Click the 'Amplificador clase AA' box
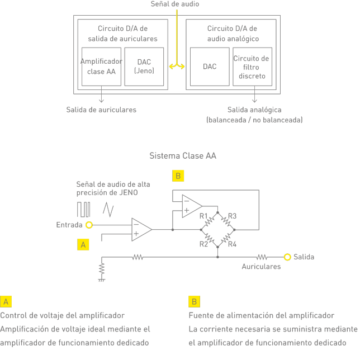[x=101, y=67]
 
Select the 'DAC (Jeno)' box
[x=144, y=67]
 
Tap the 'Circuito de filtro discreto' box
[x=252, y=67]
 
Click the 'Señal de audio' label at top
[x=175, y=4]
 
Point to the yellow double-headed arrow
[x=177, y=67]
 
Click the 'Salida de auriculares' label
[x=101, y=110]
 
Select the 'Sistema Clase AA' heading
[x=182, y=156]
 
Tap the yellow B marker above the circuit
[x=178, y=176]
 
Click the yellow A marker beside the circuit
[x=83, y=244]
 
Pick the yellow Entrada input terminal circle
[x=89, y=225]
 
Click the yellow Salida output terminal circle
[x=287, y=257]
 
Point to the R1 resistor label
[x=203, y=216]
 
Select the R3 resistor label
[x=233, y=216]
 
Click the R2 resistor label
[x=203, y=244]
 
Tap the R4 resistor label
[x=233, y=244]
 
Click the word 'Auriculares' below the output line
[x=261, y=267]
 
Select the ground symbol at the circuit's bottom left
[x=101, y=271]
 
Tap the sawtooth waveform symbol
[x=108, y=210]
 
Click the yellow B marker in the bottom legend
[x=194, y=302]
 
